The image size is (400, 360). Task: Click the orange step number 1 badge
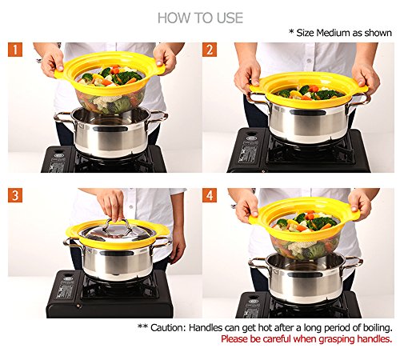click(x=15, y=50)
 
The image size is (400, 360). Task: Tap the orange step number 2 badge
click(x=210, y=50)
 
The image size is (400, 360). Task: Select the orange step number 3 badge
click(x=15, y=195)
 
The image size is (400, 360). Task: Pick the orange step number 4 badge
click(x=210, y=195)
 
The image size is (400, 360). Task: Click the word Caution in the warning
click(x=167, y=327)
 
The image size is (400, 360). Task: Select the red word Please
click(x=234, y=339)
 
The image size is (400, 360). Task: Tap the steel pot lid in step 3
click(x=117, y=233)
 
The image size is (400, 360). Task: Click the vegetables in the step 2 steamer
click(x=309, y=92)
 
